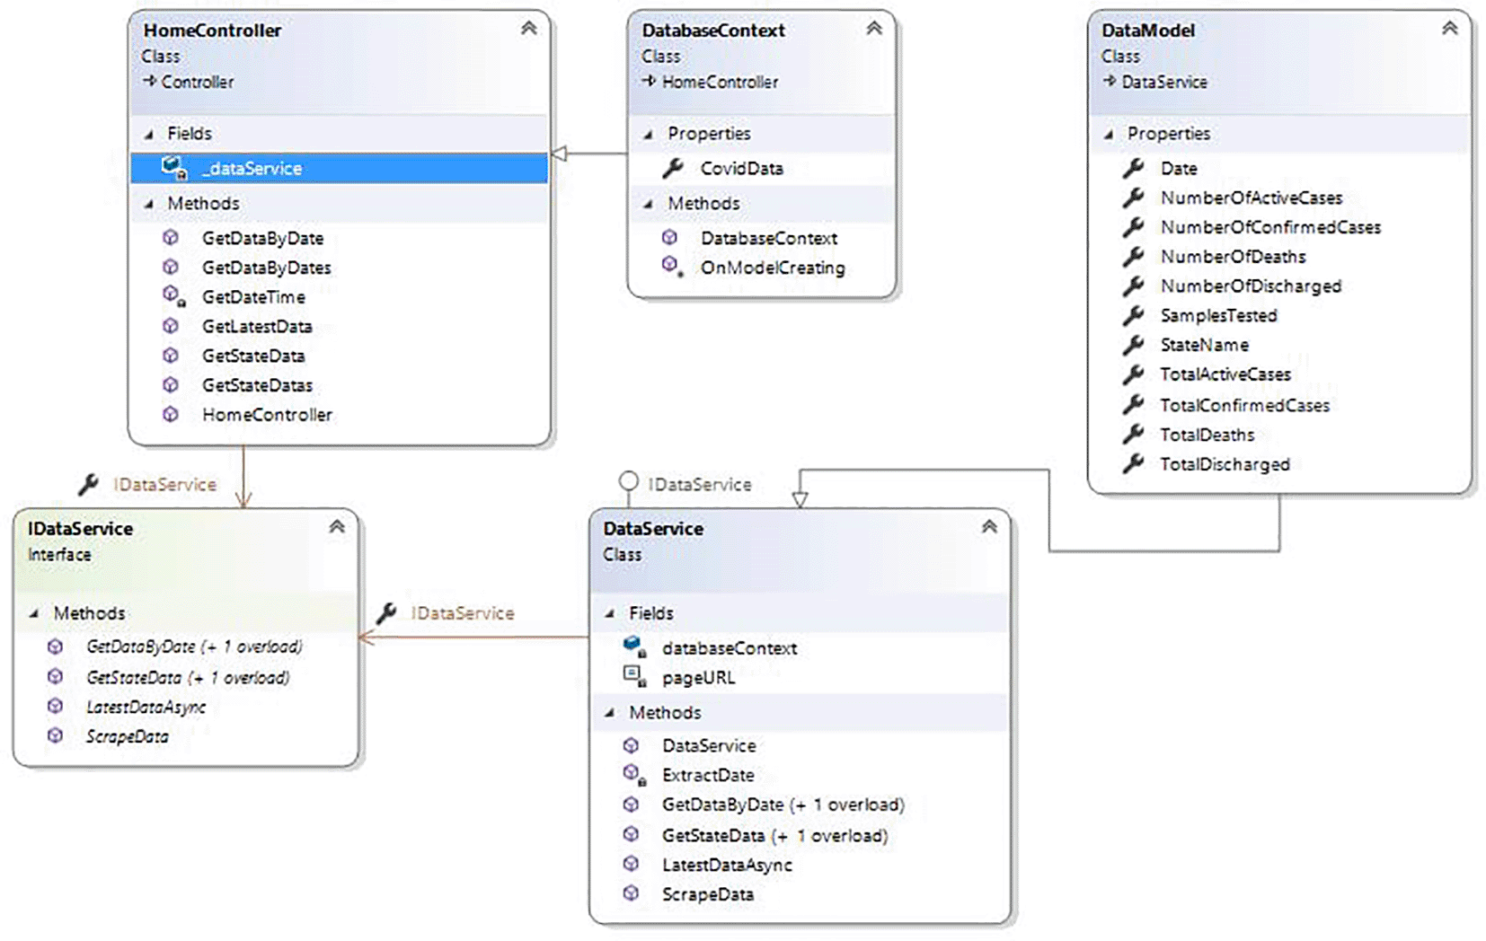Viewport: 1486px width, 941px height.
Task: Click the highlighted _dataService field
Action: coord(252,169)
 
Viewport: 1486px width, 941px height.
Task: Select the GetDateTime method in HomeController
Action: coord(253,297)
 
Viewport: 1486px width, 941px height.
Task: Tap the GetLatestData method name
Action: coord(257,326)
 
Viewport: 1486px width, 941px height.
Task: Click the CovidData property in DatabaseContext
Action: coord(742,169)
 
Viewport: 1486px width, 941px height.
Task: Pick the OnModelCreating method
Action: coord(773,268)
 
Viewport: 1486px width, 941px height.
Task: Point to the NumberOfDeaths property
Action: coord(1233,257)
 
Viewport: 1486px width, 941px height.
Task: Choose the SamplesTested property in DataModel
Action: coord(1218,316)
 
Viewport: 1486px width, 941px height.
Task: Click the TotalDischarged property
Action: coord(1225,464)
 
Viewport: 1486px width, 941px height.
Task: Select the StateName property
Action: coord(1204,345)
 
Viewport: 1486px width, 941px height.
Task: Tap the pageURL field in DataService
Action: coord(698,678)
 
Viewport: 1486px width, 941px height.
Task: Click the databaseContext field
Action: coord(729,648)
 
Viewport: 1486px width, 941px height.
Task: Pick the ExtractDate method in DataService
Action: coord(708,775)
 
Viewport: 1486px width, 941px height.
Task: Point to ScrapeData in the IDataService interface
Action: coord(127,737)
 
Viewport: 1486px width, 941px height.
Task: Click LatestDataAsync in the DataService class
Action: coord(727,865)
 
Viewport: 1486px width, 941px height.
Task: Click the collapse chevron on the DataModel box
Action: coord(1449,28)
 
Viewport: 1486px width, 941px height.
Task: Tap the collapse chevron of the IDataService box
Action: coord(337,526)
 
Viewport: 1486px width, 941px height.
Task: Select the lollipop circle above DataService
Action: coord(628,480)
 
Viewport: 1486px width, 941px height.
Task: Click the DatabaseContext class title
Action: coord(713,30)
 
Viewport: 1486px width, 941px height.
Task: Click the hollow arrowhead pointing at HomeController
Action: coord(559,154)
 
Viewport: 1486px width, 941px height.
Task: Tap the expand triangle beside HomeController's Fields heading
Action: coord(149,135)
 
